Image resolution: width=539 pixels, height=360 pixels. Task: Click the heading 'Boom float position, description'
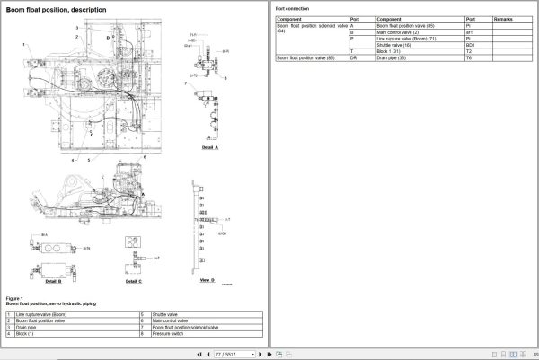(55, 10)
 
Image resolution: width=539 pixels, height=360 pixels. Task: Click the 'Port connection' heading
(294, 7)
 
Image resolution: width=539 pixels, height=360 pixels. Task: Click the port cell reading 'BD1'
(470, 44)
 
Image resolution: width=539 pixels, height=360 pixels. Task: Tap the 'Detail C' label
(133, 281)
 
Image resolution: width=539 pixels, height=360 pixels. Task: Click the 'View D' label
(206, 281)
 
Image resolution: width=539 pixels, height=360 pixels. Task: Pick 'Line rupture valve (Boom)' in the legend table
(40, 314)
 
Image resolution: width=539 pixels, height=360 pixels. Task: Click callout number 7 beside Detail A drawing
(186, 83)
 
